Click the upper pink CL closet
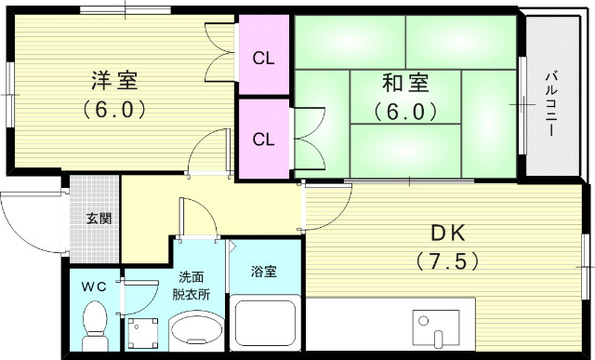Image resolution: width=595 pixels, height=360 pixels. [x=264, y=59]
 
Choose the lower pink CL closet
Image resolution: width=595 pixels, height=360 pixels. [x=264, y=140]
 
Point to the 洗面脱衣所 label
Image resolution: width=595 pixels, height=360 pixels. [x=193, y=286]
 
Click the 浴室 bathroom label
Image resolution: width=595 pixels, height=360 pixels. [x=265, y=273]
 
